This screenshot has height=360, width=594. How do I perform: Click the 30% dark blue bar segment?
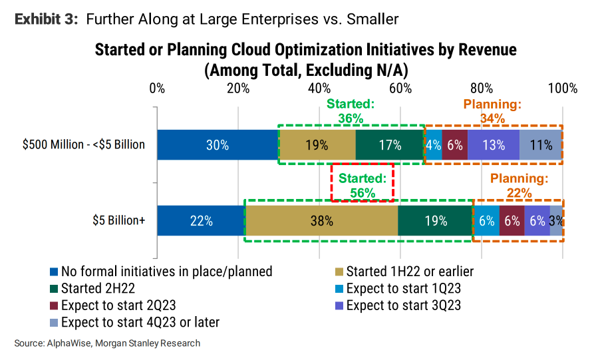coord(218,144)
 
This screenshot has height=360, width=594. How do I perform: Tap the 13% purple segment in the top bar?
coord(494,144)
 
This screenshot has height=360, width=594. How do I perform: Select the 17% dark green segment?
coord(390,144)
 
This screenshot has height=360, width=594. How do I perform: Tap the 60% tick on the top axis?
coord(400,89)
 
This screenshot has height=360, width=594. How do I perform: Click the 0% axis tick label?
coord(157,89)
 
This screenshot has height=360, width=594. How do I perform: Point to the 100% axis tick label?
coord(563,89)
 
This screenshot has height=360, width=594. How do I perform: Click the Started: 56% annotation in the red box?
coord(363,185)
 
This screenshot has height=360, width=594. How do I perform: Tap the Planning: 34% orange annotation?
coord(492,111)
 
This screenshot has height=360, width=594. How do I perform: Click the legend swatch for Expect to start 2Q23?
coord(55,306)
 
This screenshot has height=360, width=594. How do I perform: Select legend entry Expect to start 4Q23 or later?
coord(140,323)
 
